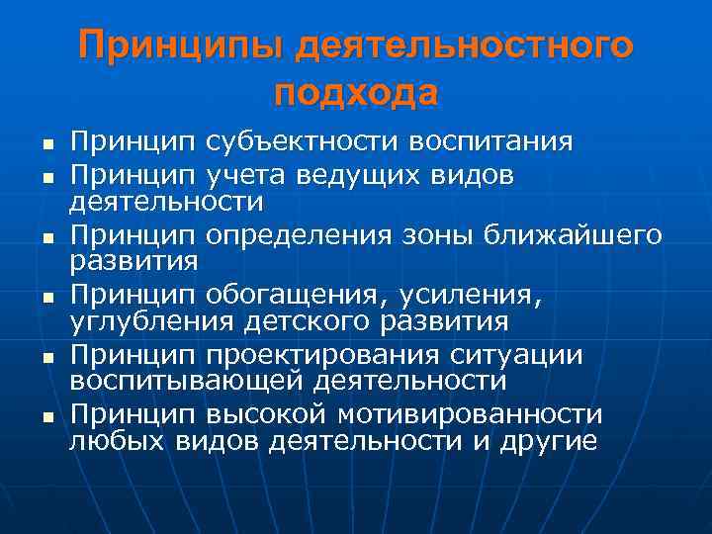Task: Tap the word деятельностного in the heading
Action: pyautogui.click(x=464, y=45)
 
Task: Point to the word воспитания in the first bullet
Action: pyautogui.click(x=489, y=141)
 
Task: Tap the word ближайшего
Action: pyautogui.click(x=576, y=236)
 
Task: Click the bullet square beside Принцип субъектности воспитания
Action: pyautogui.click(x=44, y=144)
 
